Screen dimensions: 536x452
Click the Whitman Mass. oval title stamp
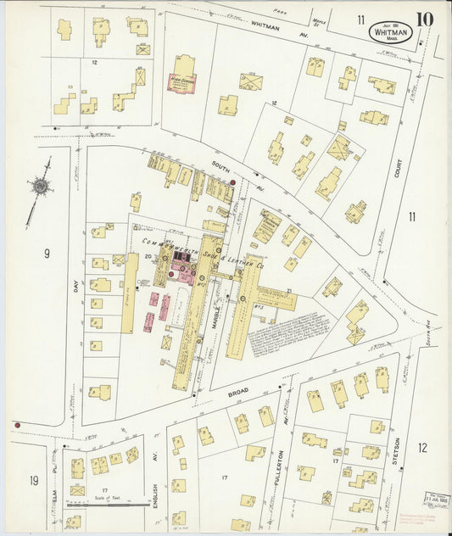coord(391,33)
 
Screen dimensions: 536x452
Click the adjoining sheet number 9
coord(47,252)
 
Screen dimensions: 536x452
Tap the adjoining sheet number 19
coord(34,481)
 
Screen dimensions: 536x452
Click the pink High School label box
coord(182,81)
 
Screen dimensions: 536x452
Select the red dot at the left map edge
coord(16,423)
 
